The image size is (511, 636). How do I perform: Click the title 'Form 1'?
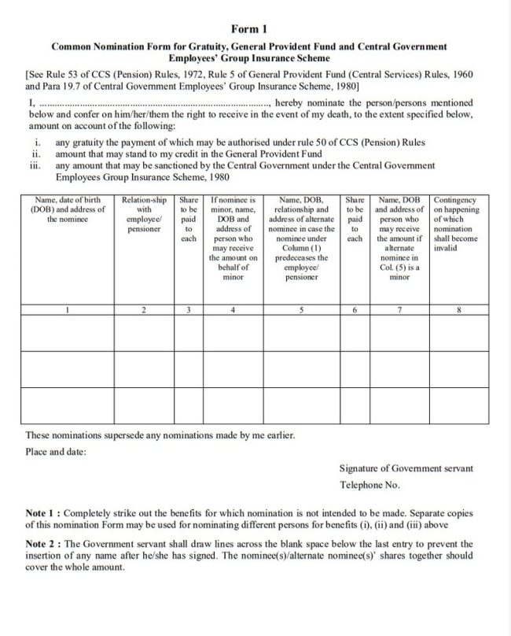tap(256, 28)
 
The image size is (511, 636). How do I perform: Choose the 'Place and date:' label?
tap(56, 452)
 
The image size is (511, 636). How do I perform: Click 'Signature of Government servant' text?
tap(406, 468)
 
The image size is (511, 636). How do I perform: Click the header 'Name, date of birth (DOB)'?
tap(68, 211)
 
